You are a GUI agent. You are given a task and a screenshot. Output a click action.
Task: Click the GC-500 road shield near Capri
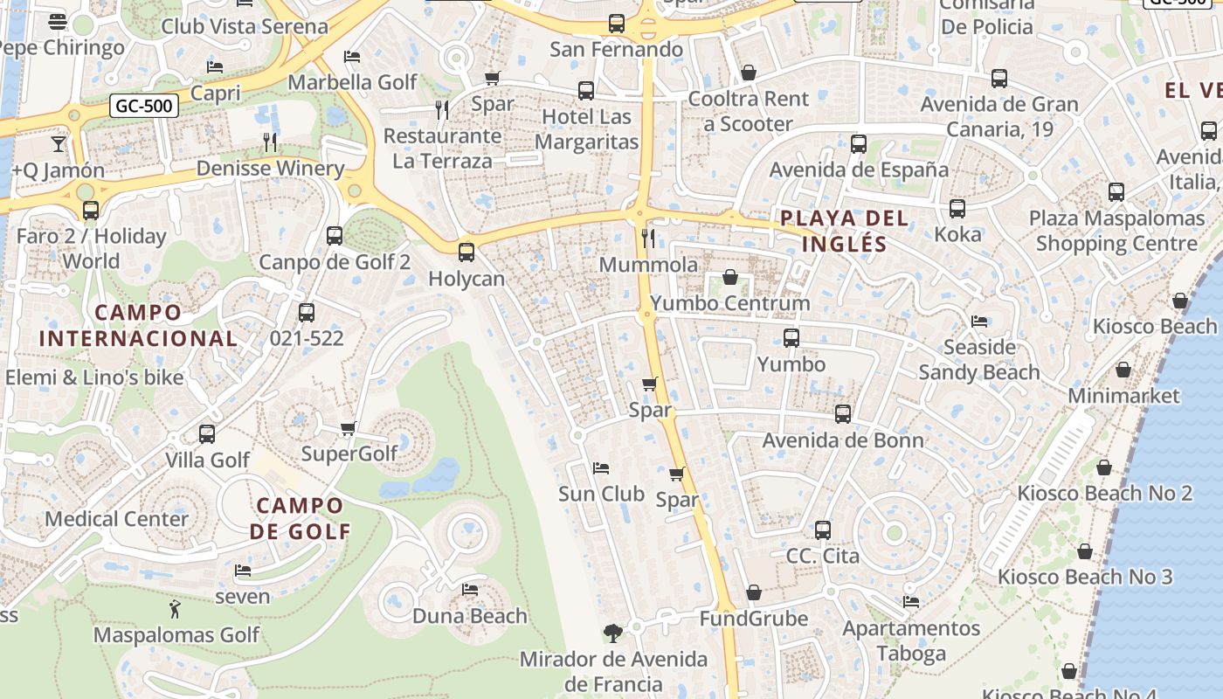pos(144,106)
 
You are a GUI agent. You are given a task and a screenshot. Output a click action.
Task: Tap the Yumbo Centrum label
pos(730,303)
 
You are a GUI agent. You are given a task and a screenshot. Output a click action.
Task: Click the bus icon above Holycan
pos(466,253)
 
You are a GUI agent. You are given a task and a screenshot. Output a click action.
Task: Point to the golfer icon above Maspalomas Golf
pos(175,609)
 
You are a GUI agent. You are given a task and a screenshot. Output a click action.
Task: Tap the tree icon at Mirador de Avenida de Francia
pos(613,633)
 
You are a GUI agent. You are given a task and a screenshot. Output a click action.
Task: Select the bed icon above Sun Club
pos(601,467)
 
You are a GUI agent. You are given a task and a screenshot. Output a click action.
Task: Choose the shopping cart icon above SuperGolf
pos(349,428)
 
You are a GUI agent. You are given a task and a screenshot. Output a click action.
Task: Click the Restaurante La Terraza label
pos(442,149)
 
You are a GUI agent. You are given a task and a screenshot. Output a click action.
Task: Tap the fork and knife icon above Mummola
pos(647,238)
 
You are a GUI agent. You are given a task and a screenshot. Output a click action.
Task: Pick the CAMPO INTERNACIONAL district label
pos(138,325)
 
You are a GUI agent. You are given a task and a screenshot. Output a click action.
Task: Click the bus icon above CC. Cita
pos(823,529)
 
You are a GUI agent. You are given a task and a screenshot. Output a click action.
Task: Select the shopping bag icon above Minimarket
pos(1123,370)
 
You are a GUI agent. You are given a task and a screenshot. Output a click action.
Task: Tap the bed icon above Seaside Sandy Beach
pos(979,321)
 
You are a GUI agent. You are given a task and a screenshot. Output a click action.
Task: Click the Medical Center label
pos(116,519)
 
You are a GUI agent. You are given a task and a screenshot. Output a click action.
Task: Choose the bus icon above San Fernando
pos(617,24)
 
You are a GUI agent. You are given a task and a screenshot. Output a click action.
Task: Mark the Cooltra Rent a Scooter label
pos(748,111)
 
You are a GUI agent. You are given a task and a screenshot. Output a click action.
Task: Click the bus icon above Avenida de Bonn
pos(843,413)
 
